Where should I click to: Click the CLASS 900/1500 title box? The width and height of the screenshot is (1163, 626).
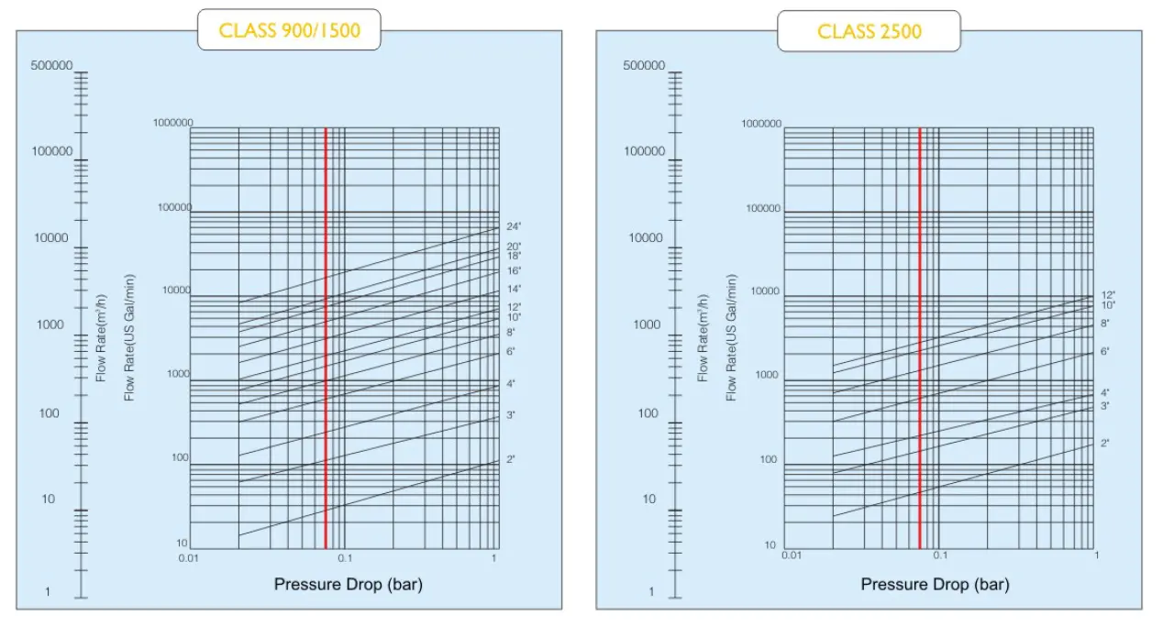(289, 31)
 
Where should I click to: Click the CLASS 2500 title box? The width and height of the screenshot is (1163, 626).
(869, 32)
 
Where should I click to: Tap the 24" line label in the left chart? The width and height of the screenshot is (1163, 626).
(514, 226)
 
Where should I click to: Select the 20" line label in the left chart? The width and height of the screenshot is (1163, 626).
(514, 247)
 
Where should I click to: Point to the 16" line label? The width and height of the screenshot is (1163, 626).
(514, 271)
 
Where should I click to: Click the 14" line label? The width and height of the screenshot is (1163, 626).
(514, 290)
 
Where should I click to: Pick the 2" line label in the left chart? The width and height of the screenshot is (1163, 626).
(510, 458)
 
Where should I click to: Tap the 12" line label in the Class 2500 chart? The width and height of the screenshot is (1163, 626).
(1108, 294)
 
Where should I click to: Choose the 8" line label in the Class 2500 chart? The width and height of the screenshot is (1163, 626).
(1105, 324)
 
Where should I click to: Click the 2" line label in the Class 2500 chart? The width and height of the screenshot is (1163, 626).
(1105, 444)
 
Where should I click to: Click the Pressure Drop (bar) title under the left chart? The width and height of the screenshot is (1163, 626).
(349, 584)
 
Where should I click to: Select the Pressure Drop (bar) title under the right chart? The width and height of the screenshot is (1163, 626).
(935, 584)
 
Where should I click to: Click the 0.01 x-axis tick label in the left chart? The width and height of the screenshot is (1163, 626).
(188, 557)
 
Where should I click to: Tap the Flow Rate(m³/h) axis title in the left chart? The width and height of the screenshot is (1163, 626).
(102, 337)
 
